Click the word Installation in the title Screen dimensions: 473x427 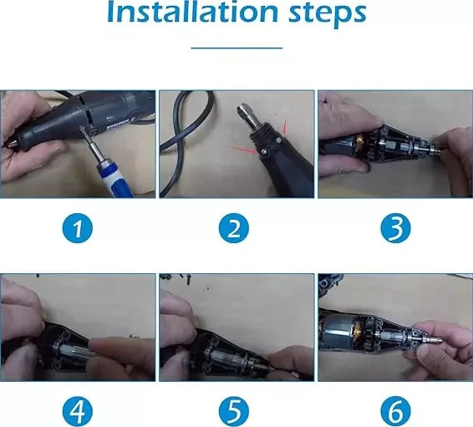[x=192, y=12]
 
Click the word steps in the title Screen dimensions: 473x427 [x=328, y=14]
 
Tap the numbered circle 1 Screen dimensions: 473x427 [x=78, y=228]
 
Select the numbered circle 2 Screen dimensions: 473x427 [x=234, y=228]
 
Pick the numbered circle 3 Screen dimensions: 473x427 [x=395, y=228]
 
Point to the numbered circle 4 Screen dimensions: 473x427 [x=78, y=411]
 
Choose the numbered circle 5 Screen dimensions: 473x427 [x=234, y=411]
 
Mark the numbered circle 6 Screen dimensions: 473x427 [x=395, y=411]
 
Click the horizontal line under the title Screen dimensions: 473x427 [x=237, y=48]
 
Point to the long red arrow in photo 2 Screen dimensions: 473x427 [x=243, y=150]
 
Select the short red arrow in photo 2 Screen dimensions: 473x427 [x=284, y=127]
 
